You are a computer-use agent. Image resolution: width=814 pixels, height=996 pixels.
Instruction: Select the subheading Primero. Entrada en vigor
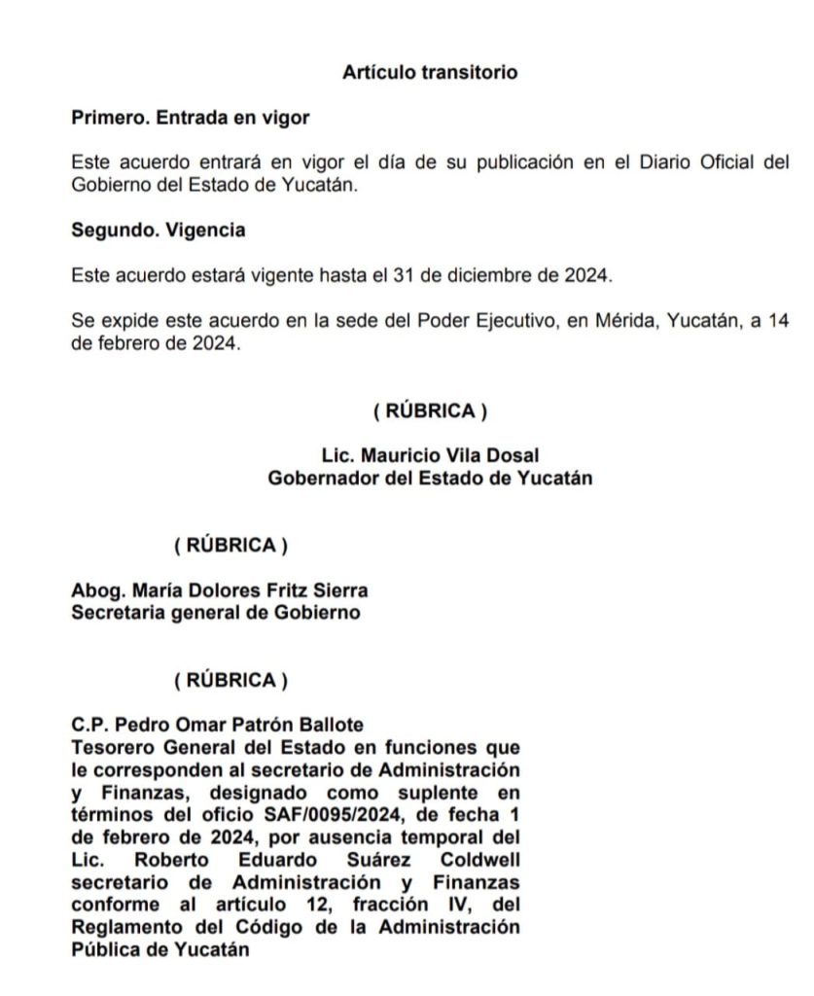pos(191,118)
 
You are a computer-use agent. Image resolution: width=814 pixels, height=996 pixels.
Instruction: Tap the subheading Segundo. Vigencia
pos(158,231)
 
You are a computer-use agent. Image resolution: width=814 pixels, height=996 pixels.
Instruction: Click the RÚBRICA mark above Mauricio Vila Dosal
pos(430,411)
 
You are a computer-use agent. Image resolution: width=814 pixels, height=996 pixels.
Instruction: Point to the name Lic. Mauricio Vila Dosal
pos(430,455)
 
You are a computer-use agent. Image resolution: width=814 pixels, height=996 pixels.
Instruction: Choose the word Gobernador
pos(320,478)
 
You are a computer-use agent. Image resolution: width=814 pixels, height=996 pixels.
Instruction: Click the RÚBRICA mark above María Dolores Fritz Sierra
pos(231,546)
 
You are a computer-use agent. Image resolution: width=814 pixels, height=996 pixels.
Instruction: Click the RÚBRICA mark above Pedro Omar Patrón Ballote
pos(231,680)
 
